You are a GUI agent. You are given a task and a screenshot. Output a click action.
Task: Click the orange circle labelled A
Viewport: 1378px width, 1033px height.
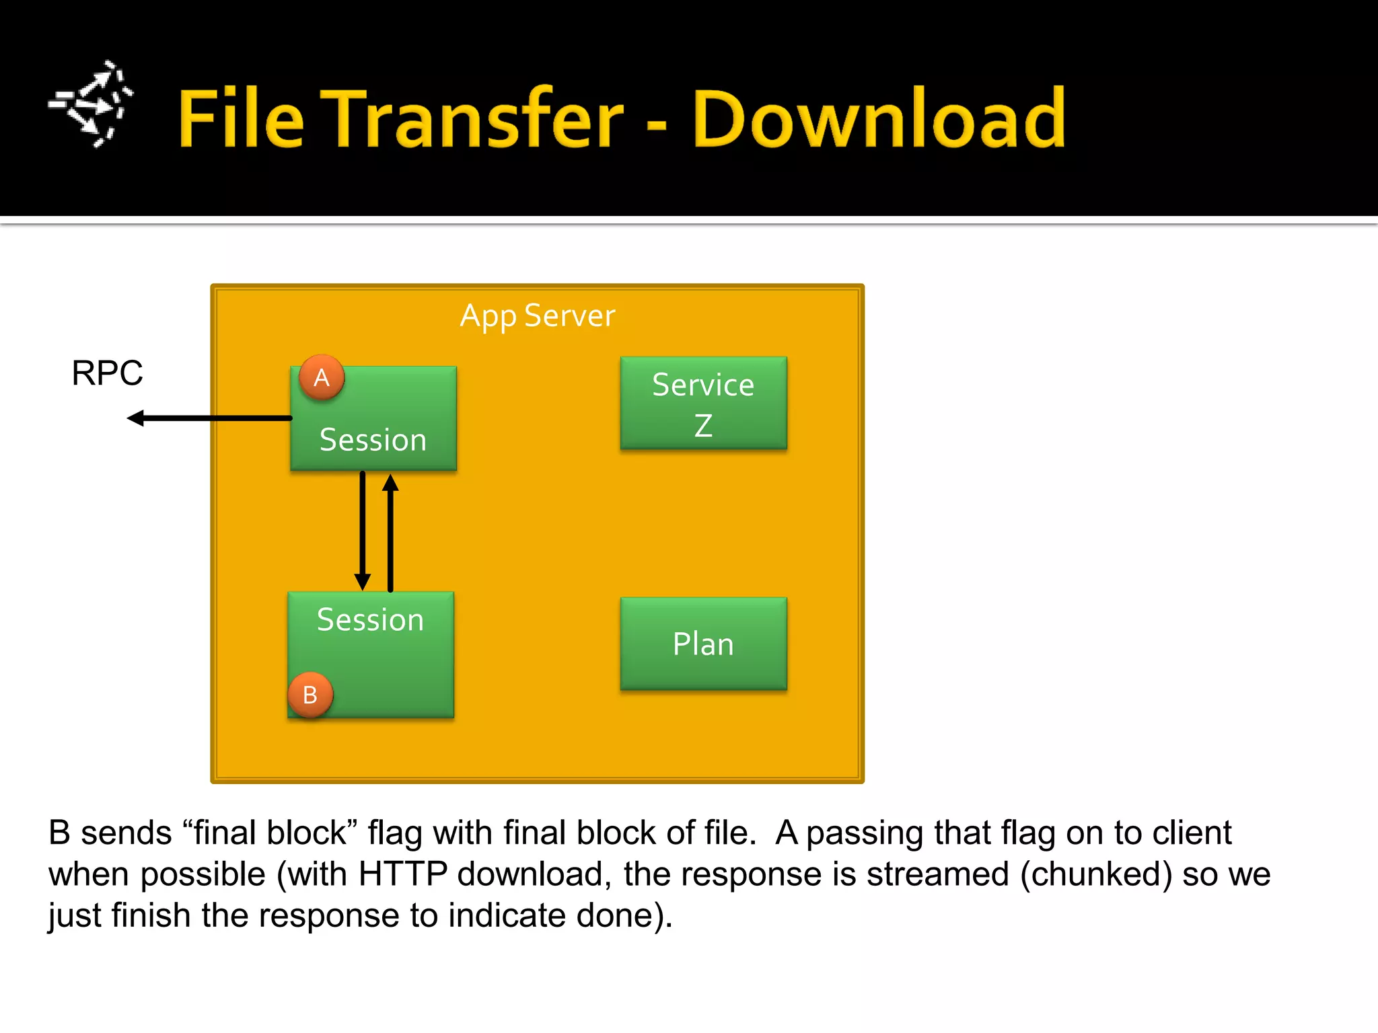[x=322, y=377]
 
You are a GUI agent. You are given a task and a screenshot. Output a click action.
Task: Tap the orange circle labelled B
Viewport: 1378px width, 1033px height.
[x=310, y=695]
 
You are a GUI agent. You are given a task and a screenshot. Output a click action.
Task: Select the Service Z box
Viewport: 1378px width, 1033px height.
[x=703, y=404]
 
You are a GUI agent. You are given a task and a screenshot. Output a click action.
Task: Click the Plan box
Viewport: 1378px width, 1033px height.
[x=703, y=644]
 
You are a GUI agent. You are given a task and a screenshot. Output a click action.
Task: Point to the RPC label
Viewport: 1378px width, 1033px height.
[x=107, y=373]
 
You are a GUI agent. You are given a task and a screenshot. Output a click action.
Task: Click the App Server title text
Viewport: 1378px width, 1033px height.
[x=538, y=315]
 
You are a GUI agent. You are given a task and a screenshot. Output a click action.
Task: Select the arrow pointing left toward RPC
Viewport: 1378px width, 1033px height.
[x=209, y=418]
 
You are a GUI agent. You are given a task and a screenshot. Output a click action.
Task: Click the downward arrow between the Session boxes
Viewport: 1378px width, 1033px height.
[x=363, y=531]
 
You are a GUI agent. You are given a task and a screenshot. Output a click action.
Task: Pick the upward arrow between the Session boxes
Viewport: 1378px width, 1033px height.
[x=390, y=531]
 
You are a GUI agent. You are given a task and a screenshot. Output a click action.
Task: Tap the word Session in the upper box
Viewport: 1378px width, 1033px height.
[x=373, y=441]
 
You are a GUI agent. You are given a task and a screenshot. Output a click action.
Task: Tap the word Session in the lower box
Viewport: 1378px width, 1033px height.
[x=370, y=620]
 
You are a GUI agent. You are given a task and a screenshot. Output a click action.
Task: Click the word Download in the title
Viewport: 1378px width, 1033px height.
[x=879, y=120]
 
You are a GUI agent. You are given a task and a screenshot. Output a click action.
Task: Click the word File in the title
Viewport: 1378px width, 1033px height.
[x=241, y=120]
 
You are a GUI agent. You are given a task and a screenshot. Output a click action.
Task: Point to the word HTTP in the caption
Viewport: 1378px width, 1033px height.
[x=402, y=874]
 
